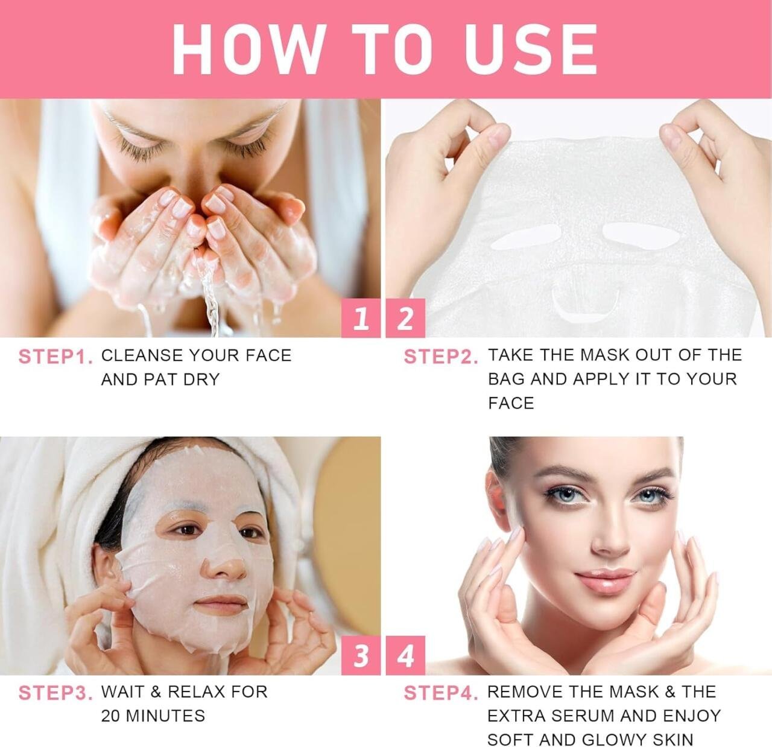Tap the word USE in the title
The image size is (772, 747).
(531, 49)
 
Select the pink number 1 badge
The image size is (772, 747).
(361, 319)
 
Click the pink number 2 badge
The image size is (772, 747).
(405, 319)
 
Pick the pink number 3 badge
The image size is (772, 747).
(361, 655)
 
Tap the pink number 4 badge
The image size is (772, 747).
(405, 655)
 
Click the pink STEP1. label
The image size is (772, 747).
(55, 357)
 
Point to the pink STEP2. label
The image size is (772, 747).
(441, 357)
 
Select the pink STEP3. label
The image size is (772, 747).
(55, 693)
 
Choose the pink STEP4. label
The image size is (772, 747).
(441, 693)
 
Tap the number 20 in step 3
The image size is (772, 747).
(111, 716)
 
